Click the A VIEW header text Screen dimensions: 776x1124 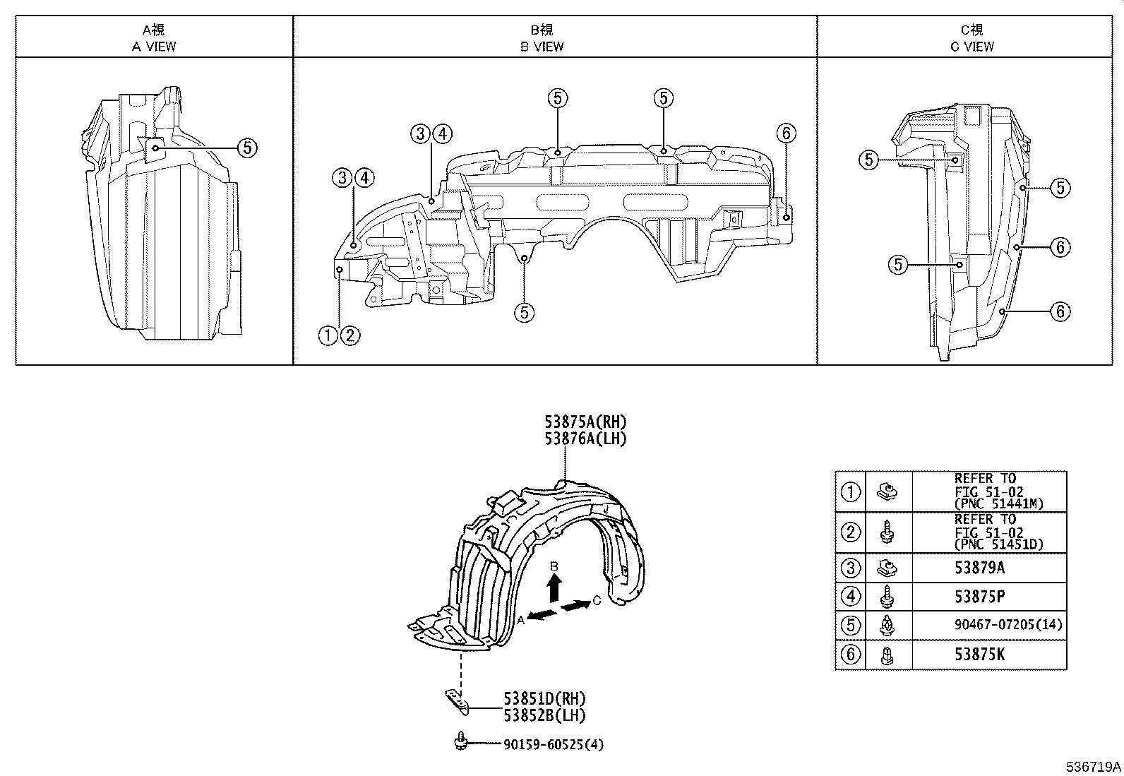(154, 47)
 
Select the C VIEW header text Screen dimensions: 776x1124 (971, 47)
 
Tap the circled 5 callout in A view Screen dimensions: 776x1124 (246, 148)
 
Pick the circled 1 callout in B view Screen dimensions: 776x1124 (328, 335)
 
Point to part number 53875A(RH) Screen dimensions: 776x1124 (585, 422)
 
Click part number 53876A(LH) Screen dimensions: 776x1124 (585, 438)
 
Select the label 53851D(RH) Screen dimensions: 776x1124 (544, 699)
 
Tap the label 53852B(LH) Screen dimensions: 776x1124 (544, 715)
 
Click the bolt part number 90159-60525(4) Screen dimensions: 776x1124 (554, 744)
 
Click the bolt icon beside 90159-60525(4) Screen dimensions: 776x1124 (461, 741)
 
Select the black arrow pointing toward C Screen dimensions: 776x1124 (576, 606)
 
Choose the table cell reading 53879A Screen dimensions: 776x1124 (979, 568)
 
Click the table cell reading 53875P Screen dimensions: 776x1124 (979, 597)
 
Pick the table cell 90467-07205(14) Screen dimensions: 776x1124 (988, 626)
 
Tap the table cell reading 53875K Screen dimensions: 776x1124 (979, 655)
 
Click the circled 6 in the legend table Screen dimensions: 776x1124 (851, 655)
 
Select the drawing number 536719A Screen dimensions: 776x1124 (1094, 766)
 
